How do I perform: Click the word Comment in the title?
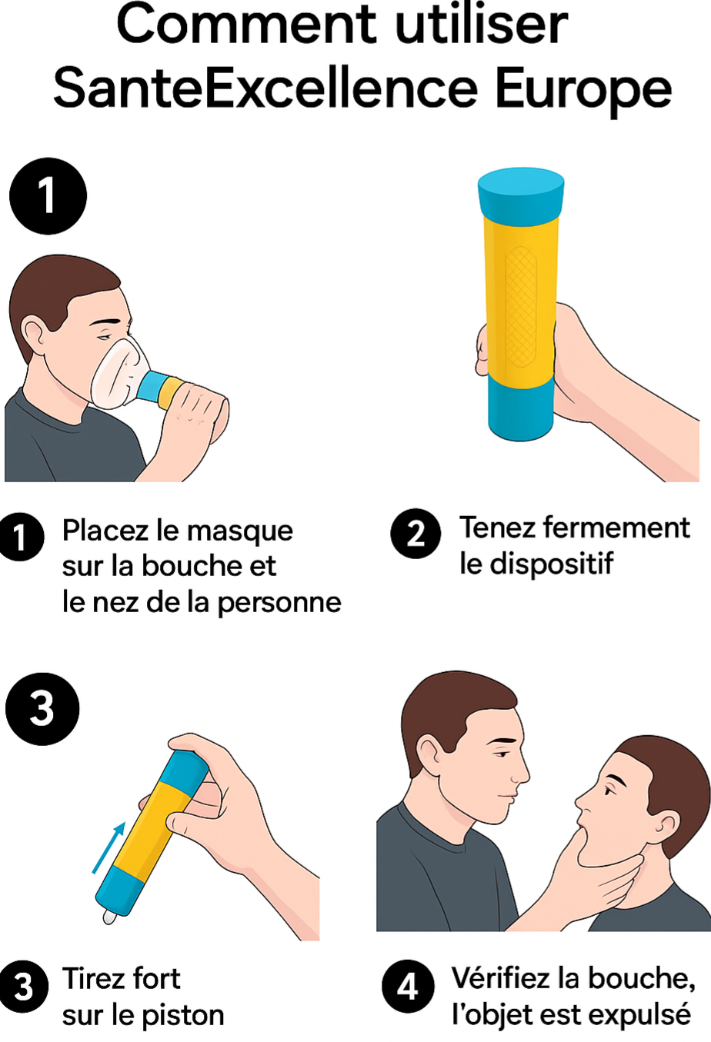(x=245, y=25)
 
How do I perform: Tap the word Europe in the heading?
(x=582, y=88)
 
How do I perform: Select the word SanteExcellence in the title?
(x=265, y=88)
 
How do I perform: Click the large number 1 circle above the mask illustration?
(x=48, y=195)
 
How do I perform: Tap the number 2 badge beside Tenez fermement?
(x=416, y=533)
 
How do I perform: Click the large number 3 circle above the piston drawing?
(x=42, y=708)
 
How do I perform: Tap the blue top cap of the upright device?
(x=521, y=192)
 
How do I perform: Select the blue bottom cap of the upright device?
(x=521, y=408)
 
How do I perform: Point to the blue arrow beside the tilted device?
(x=108, y=847)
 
